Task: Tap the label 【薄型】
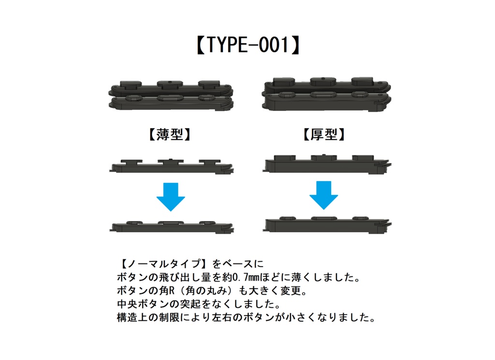[170, 135]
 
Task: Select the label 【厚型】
[324, 135]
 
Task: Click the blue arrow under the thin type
[171, 196]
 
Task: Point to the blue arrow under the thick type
[323, 195]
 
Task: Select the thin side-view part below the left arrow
[172, 227]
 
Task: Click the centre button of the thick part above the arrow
[323, 157]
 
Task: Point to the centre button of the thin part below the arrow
[170, 223]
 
